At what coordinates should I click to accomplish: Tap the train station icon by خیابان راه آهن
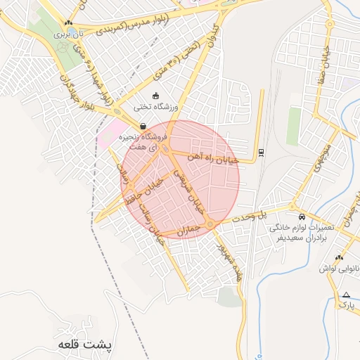(x=262, y=152)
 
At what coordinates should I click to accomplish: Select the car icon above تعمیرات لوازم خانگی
(x=302, y=217)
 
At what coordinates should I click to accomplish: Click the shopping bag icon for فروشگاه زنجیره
(x=143, y=127)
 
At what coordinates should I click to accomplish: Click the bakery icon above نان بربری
(x=68, y=23)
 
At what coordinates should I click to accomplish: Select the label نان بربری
(x=70, y=33)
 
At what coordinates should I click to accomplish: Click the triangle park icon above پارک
(x=346, y=295)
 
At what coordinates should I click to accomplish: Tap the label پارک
(x=345, y=305)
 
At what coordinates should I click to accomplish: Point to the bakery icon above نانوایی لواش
(x=340, y=257)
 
